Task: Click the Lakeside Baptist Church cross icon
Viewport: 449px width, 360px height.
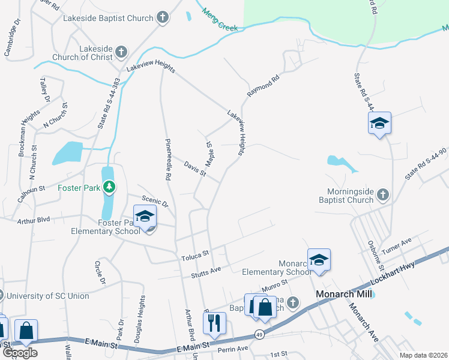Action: [x=163, y=17]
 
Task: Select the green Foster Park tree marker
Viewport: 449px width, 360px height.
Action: [x=109, y=187]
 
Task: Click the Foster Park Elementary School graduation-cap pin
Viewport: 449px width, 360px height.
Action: [x=145, y=217]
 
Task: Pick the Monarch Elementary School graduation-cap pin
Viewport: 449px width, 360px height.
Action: [x=319, y=260]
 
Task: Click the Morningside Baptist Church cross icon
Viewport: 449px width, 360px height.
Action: [x=383, y=194]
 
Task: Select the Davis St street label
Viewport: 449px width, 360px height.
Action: [x=195, y=169]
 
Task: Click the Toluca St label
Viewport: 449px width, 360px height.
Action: [x=194, y=258]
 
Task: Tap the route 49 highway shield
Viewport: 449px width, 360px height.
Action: [x=259, y=334]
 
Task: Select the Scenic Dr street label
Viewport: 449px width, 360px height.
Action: [x=155, y=203]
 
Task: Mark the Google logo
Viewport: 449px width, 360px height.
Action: [x=19, y=353]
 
